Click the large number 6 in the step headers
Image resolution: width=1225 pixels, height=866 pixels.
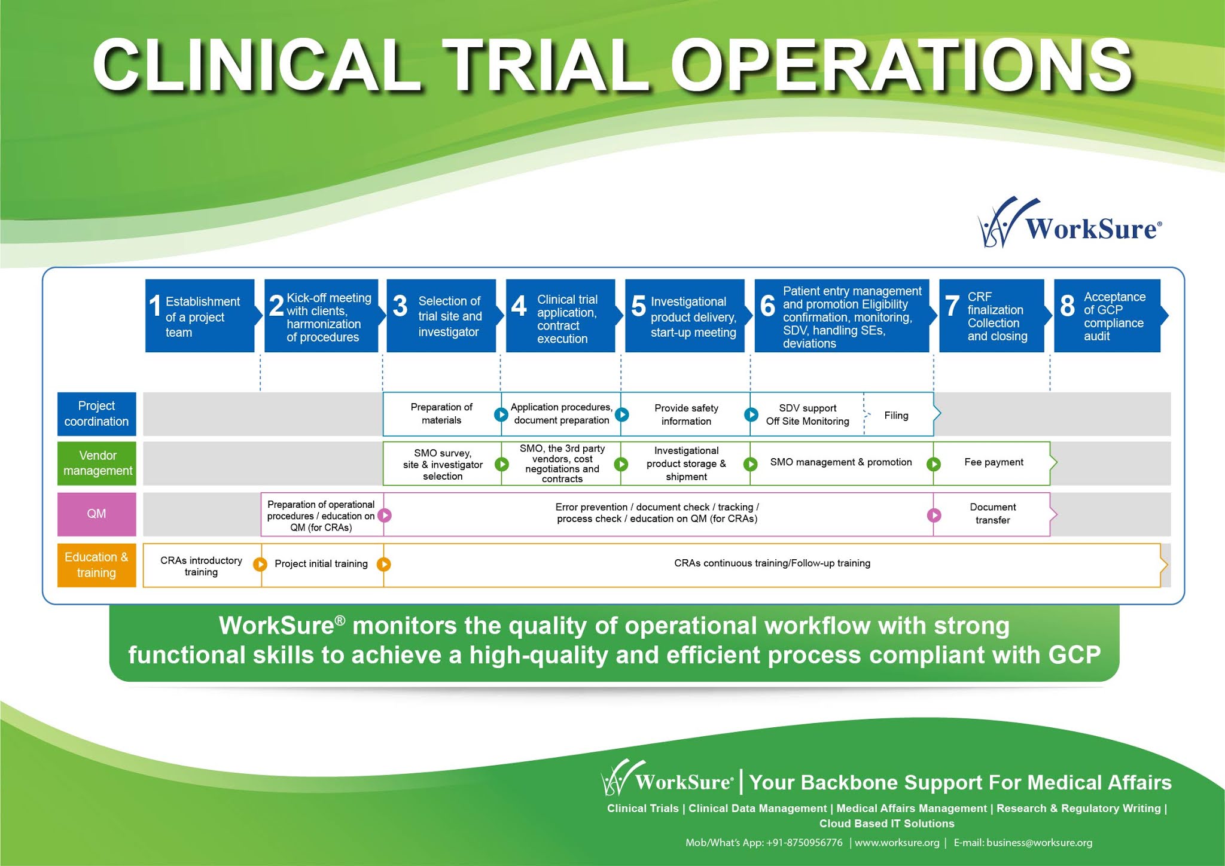click(x=767, y=306)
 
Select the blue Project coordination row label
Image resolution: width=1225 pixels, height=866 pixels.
click(x=96, y=413)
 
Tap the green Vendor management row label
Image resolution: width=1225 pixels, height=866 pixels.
click(x=97, y=463)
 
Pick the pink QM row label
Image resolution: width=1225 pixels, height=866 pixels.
click(x=96, y=514)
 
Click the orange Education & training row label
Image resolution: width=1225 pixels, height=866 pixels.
click(x=96, y=565)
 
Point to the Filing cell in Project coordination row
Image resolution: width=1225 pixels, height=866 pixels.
click(x=896, y=415)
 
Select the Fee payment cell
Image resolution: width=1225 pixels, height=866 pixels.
click(x=993, y=462)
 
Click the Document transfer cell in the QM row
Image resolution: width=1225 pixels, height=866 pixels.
click(x=992, y=513)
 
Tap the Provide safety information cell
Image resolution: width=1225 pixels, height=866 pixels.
click(x=686, y=414)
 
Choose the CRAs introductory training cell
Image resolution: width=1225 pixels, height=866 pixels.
click(x=201, y=566)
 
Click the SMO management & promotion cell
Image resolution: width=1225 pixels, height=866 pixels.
click(x=840, y=462)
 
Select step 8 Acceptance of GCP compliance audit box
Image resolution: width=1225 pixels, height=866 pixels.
click(x=1107, y=316)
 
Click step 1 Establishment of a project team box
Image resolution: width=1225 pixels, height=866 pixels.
click(x=200, y=316)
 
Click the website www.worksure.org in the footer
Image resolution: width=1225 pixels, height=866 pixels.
click(x=897, y=843)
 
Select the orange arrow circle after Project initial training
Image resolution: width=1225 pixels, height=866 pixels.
click(x=384, y=564)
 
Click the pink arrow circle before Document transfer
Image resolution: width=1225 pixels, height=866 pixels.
click(x=934, y=515)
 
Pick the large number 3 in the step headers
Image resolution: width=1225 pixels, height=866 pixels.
click(x=400, y=306)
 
